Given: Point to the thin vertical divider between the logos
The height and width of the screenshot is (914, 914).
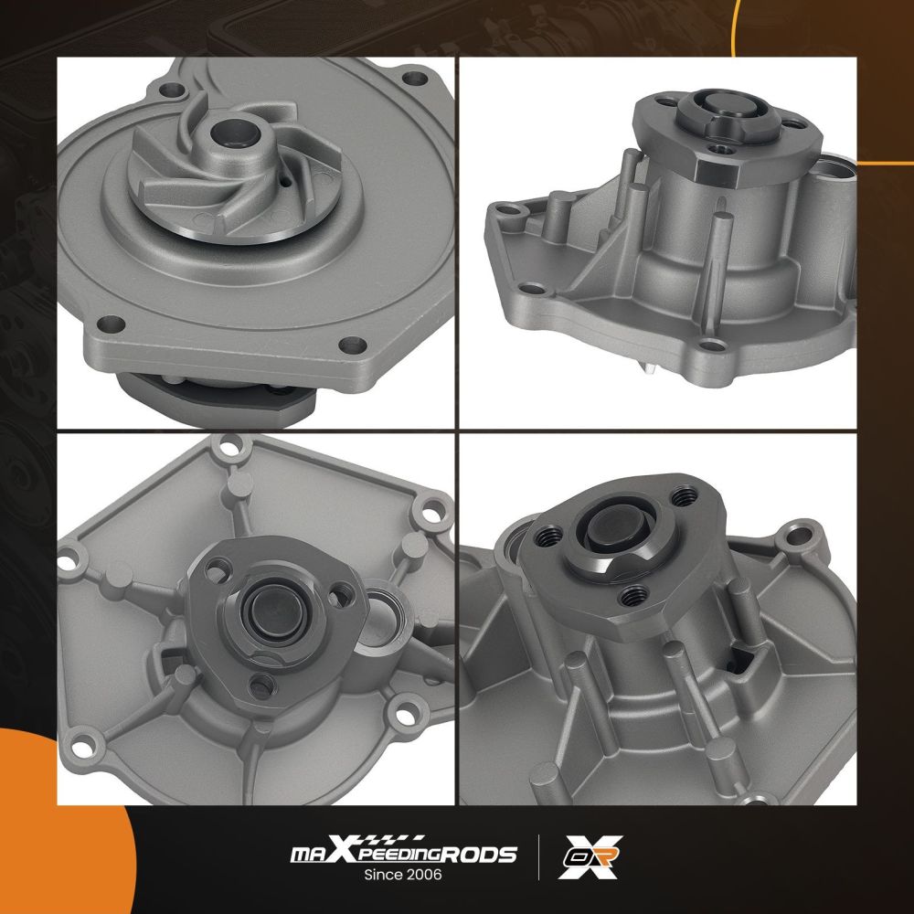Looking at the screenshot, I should pyautogui.click(x=538, y=857).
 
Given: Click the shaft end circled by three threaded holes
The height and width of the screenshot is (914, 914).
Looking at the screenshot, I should pyautogui.click(x=609, y=530).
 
